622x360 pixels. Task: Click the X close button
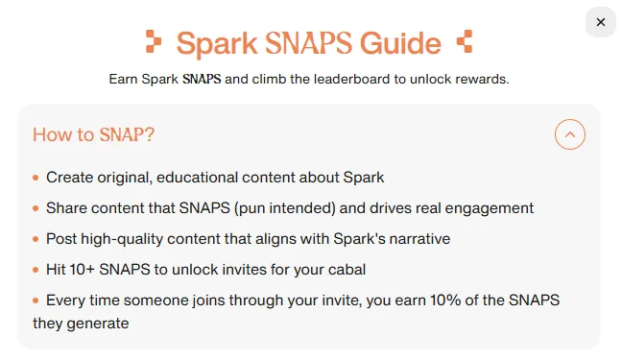600,22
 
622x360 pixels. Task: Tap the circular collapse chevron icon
570,134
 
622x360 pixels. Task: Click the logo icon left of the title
154,42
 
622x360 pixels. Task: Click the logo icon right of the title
466,42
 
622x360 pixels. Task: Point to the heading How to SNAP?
93,134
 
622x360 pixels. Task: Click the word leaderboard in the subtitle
342,79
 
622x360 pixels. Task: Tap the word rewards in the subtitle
482,79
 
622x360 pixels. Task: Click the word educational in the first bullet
223,178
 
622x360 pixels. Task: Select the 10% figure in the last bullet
422,300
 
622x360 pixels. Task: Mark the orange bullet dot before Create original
36,178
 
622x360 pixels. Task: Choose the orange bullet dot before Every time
36,300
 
